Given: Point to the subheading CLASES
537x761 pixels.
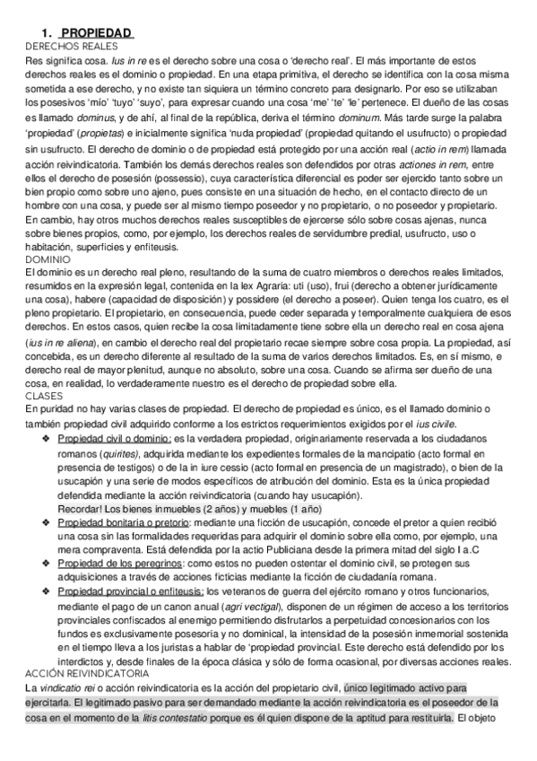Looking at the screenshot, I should [x=19, y=396].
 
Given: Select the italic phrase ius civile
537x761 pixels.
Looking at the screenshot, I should [x=439, y=424].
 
